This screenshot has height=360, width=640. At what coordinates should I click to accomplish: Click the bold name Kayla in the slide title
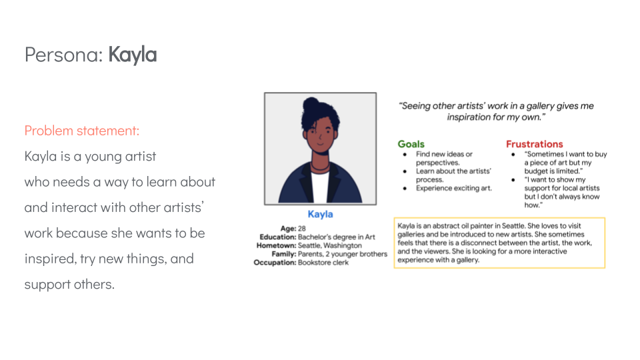pos(133,55)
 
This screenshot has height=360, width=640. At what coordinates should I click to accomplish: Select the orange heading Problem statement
pos(82,131)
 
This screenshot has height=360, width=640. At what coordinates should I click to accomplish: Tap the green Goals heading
pos(411,144)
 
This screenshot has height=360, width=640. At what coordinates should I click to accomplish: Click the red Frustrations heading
pos(534,144)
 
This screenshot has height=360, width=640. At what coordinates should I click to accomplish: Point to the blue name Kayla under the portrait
pos(320,215)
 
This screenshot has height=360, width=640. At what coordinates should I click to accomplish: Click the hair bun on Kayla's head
pos(311,105)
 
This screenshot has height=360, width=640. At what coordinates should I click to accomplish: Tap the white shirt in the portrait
pos(320,186)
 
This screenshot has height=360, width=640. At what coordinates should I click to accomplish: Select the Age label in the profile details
pos(287,229)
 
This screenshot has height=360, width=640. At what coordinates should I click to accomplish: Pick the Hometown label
pos(275,245)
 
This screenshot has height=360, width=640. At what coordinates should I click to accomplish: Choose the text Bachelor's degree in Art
pos(336,237)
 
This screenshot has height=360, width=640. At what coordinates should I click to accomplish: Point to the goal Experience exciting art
pos(454,188)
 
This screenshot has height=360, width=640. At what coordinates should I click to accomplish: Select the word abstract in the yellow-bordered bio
pos(451,227)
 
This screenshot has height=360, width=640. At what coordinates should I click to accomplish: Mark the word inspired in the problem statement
pos(47,259)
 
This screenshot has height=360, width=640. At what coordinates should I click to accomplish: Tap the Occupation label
pos(275,263)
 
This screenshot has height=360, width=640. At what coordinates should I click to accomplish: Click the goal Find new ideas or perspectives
pos(444,158)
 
